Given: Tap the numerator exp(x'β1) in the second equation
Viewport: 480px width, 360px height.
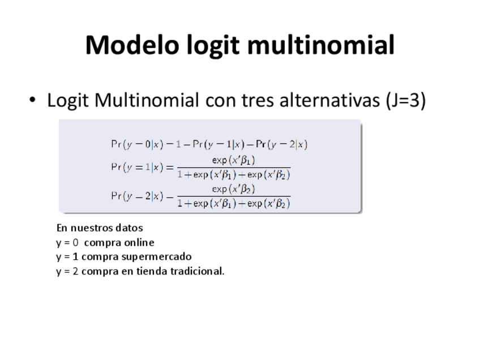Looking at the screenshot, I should click(233, 160).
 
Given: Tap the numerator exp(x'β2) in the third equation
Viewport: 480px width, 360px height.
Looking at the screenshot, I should click(233, 189).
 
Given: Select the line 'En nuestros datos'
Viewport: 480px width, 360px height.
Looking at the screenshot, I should click(100, 228).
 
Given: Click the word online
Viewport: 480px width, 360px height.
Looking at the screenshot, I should click(139, 243).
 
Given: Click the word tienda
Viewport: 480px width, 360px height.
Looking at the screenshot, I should click(152, 271).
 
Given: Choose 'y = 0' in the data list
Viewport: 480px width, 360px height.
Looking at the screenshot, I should click(67, 243).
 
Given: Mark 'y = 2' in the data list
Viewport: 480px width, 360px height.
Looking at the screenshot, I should click(67, 271).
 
